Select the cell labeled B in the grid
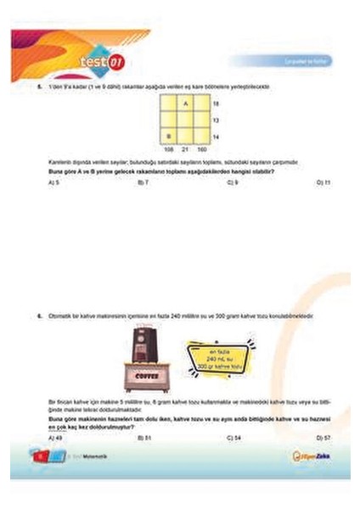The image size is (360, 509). coord(168,136)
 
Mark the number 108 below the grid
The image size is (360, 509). coord(168,148)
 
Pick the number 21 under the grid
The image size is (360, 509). coord(185,148)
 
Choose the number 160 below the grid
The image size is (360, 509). coord(201,148)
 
